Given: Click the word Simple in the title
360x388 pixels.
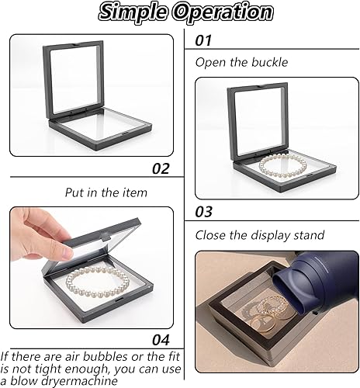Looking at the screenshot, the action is click(133, 12).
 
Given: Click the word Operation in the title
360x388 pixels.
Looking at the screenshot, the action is click(223, 12).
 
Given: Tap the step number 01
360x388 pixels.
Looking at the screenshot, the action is click(203, 40).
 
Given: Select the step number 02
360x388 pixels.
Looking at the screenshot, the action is click(161, 168).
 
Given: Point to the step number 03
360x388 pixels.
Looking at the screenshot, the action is click(203, 212).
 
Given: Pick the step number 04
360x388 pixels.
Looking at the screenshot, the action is click(161, 340).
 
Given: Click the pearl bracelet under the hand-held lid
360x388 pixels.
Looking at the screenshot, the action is click(97, 282).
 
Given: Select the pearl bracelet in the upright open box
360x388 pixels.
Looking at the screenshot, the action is click(282, 167).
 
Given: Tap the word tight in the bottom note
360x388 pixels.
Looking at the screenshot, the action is click(47, 369).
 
